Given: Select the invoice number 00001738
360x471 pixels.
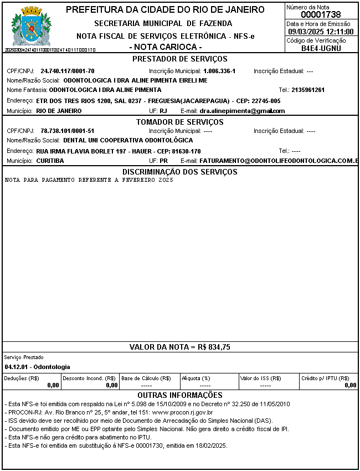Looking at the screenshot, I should pyautogui.click(x=321, y=15).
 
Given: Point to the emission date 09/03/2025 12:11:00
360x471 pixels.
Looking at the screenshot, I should pyautogui.click(x=321, y=32).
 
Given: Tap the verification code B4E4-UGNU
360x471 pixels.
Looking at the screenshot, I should pyautogui.click(x=321, y=48).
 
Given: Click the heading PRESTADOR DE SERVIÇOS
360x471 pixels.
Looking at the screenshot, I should pyautogui.click(x=180, y=59).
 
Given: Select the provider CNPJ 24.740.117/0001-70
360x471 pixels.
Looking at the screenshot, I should pyautogui.click(x=68, y=71).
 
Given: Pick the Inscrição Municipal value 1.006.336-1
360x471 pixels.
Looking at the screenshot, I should pyautogui.click(x=219, y=71).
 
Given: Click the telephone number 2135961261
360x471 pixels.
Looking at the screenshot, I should pyautogui.click(x=308, y=90).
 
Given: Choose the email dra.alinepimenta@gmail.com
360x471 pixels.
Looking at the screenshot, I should pyautogui.click(x=242, y=111).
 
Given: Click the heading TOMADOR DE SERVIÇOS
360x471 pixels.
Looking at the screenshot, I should pyautogui.click(x=180, y=121).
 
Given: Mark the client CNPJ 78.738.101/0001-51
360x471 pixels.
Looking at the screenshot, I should pyautogui.click(x=68, y=131).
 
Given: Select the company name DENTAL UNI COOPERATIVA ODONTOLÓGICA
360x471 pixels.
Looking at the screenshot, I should pyautogui.click(x=128, y=141).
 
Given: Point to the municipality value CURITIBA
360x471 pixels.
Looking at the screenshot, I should pyautogui.click(x=50, y=161).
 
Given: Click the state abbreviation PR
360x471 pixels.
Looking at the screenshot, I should pyautogui.click(x=163, y=161).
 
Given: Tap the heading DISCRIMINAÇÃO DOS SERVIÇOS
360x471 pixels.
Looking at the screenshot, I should pyautogui.click(x=180, y=172).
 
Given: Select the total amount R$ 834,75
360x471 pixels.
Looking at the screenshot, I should pyautogui.click(x=214, y=347).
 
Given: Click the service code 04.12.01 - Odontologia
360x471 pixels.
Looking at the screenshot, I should pyautogui.click(x=37, y=367).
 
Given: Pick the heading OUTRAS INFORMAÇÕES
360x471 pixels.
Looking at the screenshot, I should pyautogui.click(x=180, y=395).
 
